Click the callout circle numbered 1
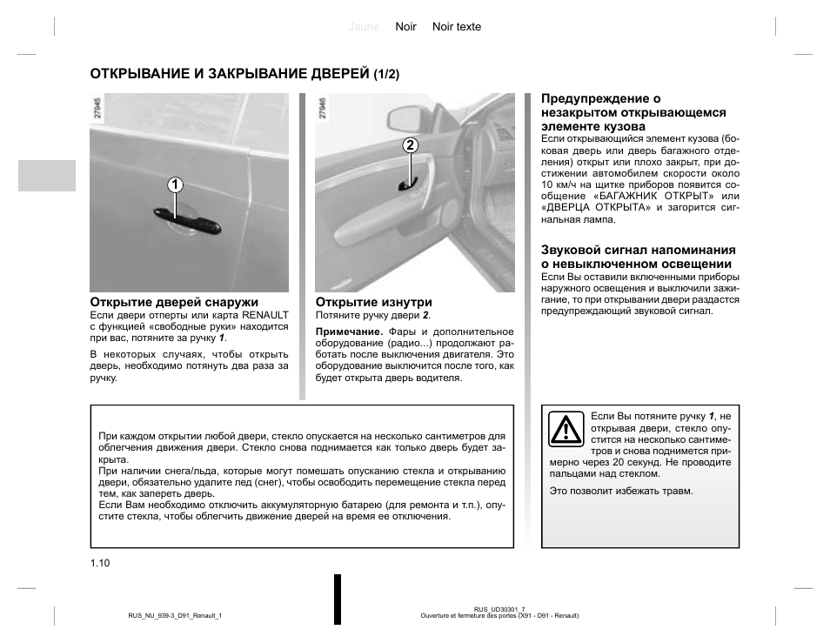pos(175,184)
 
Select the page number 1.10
pos(99,563)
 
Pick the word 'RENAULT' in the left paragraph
pos(264,314)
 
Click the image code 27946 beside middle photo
pos(323,108)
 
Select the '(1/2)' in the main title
pos(386,75)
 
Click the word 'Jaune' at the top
pos(364,27)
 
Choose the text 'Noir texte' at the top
pos(457,27)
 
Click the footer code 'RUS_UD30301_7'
pos(499,609)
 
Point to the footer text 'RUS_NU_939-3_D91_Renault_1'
pos(163,616)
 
